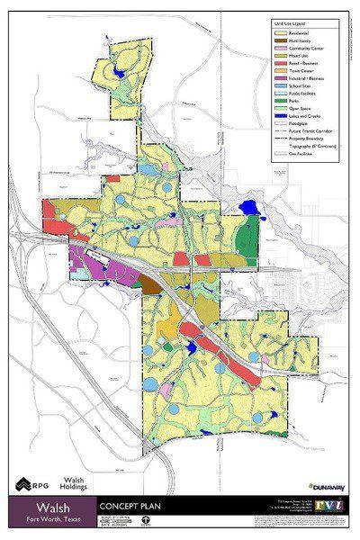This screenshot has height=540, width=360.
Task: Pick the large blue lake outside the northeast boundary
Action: pyautogui.click(x=249, y=210)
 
